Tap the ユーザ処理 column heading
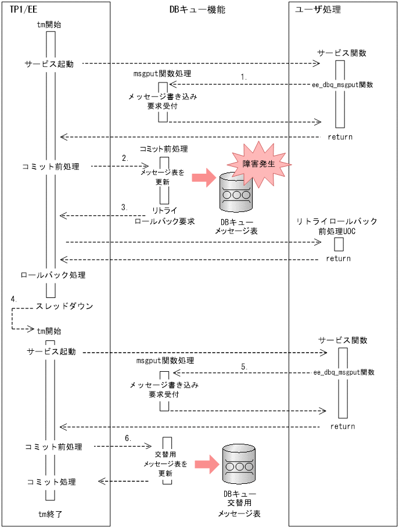(318, 10)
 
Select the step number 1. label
(244, 77)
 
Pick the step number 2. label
(124, 158)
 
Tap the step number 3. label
(124, 207)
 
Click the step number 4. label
(14, 298)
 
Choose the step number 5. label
(244, 366)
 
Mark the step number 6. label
(127, 437)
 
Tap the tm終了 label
(49, 514)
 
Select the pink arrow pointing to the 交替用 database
(205, 463)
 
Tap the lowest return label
(342, 426)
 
